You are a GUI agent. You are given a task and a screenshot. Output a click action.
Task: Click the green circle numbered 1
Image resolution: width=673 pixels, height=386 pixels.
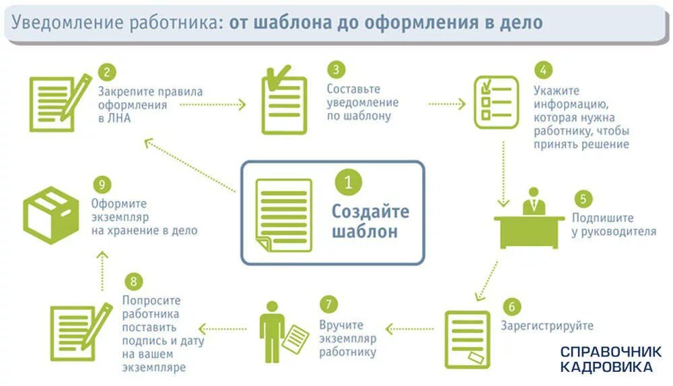(x=348, y=183)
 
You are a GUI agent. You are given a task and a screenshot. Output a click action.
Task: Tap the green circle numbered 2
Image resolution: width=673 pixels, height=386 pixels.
(x=106, y=72)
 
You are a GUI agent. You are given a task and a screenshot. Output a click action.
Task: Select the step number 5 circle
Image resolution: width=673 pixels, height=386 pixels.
(x=583, y=199)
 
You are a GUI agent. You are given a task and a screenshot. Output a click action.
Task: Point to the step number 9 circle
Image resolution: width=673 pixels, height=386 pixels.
(x=100, y=184)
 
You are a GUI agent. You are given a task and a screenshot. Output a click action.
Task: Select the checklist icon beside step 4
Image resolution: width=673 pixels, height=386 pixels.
(x=496, y=102)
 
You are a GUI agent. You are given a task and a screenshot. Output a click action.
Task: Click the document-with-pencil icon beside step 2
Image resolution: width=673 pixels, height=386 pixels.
(x=59, y=99)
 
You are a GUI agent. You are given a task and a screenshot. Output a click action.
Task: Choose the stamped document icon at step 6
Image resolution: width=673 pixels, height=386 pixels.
(x=467, y=338)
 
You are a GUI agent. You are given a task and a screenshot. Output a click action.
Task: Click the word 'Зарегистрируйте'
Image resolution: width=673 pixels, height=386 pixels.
(x=547, y=326)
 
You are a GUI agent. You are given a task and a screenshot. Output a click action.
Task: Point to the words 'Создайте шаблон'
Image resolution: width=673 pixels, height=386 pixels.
(x=369, y=222)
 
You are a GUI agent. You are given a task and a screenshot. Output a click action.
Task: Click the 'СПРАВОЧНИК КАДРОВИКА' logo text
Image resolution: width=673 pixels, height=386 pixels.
(x=610, y=359)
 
